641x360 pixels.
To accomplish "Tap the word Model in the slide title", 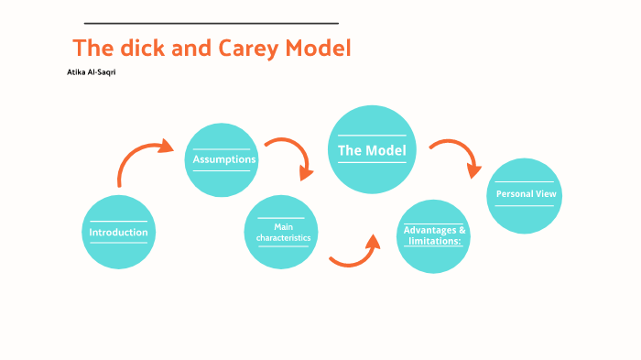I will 319,49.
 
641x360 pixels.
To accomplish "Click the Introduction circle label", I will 118,233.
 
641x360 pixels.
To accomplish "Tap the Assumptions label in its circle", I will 223,160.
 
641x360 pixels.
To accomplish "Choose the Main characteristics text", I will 282,232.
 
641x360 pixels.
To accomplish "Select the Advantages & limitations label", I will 434,235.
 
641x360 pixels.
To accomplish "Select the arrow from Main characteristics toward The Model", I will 355,253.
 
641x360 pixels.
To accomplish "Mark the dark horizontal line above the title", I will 211,23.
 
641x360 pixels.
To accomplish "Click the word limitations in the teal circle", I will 434,241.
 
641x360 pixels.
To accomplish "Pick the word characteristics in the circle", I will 282,237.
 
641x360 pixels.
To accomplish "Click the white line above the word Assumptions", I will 222,148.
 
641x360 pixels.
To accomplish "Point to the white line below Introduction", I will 117,245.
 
